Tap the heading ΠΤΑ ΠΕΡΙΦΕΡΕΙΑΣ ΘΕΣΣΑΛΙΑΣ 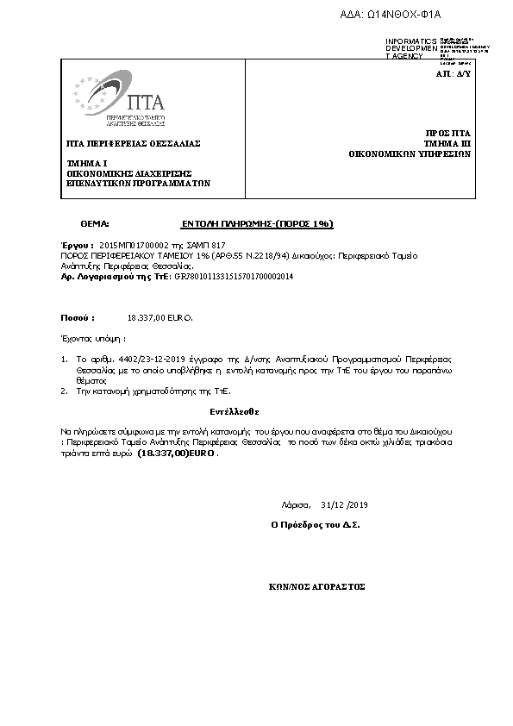click(x=133, y=143)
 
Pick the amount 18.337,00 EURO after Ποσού click(x=160, y=317)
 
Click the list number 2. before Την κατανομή click(x=64, y=391)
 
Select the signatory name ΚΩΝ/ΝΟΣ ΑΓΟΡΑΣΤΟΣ click(x=317, y=586)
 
